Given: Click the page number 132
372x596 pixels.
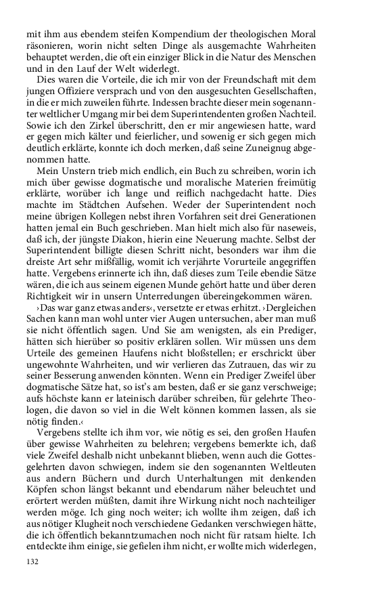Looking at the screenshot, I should [x=32, y=562].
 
